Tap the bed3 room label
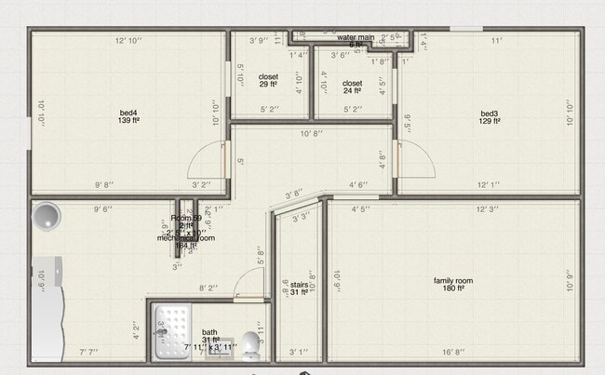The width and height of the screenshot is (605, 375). (491, 115)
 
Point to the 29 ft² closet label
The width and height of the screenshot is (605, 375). (268, 81)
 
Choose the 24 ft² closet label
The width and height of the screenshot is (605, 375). (352, 87)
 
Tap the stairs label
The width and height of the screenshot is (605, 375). (298, 288)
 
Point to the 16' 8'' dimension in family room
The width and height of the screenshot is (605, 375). (454, 352)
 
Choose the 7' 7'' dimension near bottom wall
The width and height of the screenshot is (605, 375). (88, 352)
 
